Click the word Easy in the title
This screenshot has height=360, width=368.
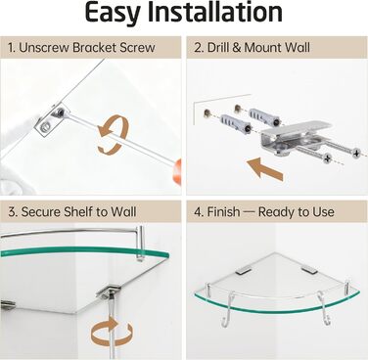tap(113, 13)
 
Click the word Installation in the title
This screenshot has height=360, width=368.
tap(215, 12)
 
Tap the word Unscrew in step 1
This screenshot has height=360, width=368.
tap(43, 48)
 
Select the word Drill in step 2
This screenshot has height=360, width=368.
tap(218, 48)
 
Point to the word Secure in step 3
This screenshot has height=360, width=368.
tap(40, 212)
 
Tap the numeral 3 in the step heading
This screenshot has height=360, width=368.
tap(12, 212)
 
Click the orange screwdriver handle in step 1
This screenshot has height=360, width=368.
tap(177, 171)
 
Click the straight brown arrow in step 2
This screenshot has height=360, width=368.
tap(264, 168)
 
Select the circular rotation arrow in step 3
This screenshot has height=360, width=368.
tap(112, 333)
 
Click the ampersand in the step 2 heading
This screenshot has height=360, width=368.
tap(237, 48)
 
